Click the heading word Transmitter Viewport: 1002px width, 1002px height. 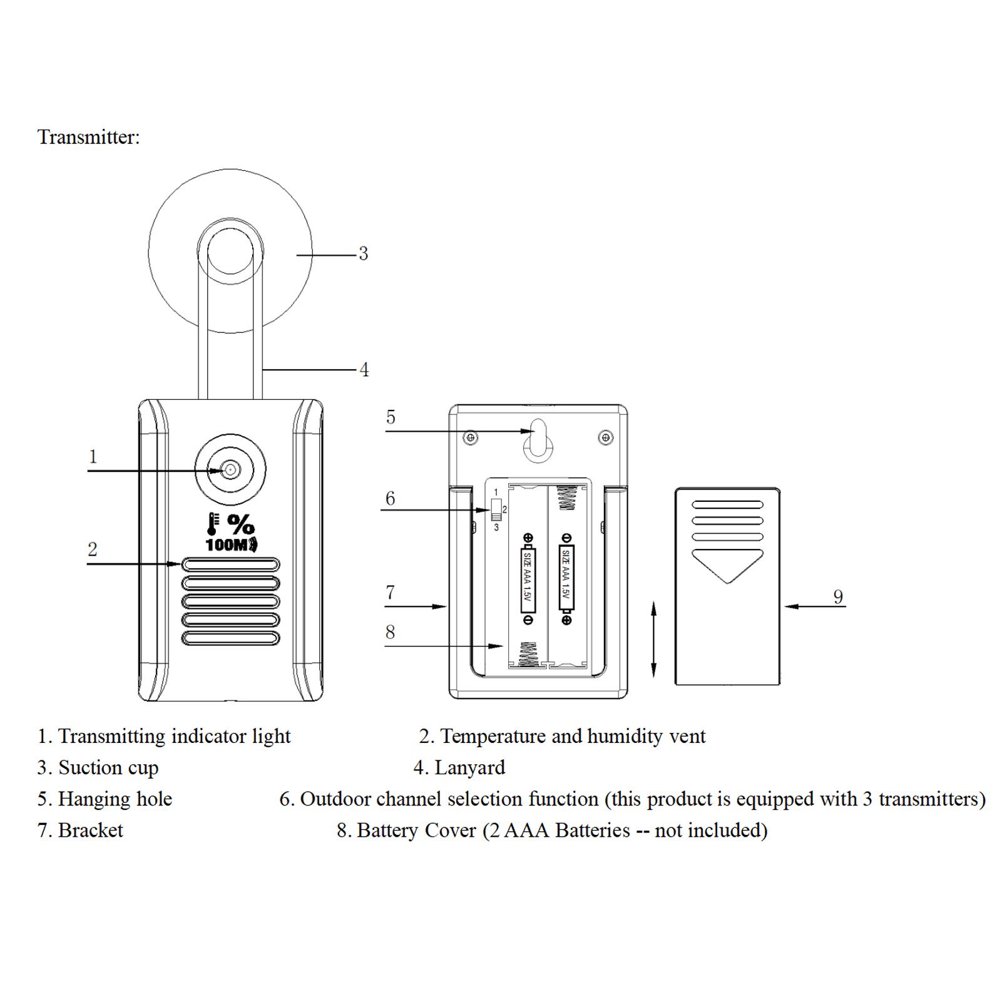tap(88, 137)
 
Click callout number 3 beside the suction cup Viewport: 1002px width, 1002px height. tap(363, 253)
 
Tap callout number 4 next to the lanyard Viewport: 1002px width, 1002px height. tap(364, 370)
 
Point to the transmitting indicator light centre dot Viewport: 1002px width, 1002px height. tap(230, 469)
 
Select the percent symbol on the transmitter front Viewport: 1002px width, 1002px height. tap(241, 524)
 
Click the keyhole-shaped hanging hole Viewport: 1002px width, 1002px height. tap(538, 441)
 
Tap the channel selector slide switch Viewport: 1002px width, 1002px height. tap(496, 509)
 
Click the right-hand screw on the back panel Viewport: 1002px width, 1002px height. tap(605, 437)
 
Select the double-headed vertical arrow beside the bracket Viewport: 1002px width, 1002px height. tap(653, 639)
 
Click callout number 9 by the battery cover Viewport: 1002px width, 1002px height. tap(838, 596)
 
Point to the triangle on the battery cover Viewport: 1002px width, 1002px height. tap(727, 566)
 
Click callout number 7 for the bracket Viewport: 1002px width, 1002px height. tap(391, 592)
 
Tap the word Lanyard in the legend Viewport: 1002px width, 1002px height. tap(469, 768)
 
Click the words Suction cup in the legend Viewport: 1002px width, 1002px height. tap(108, 768)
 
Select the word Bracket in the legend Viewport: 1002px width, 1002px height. tap(91, 831)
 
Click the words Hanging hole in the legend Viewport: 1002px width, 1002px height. tap(115, 799)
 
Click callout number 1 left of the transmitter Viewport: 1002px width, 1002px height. tap(93, 456)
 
